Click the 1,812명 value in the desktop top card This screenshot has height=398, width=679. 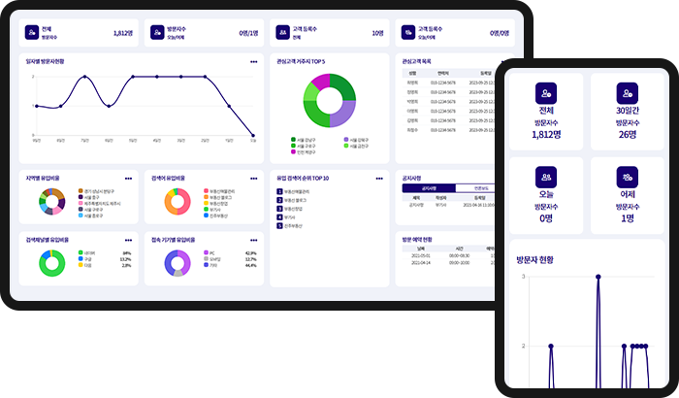pos(122,33)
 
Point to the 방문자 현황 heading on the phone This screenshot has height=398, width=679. pos(549,259)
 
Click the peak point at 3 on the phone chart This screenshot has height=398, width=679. pos(598,277)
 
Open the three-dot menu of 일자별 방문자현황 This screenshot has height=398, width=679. pos(251,60)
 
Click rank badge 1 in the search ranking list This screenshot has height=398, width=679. pos(279,193)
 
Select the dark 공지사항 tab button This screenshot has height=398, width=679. pos(427,190)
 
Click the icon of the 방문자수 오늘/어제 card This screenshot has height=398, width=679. pos(158,33)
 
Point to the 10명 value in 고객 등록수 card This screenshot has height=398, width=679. pos(377,33)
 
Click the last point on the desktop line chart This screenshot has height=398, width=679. pos(254,136)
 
